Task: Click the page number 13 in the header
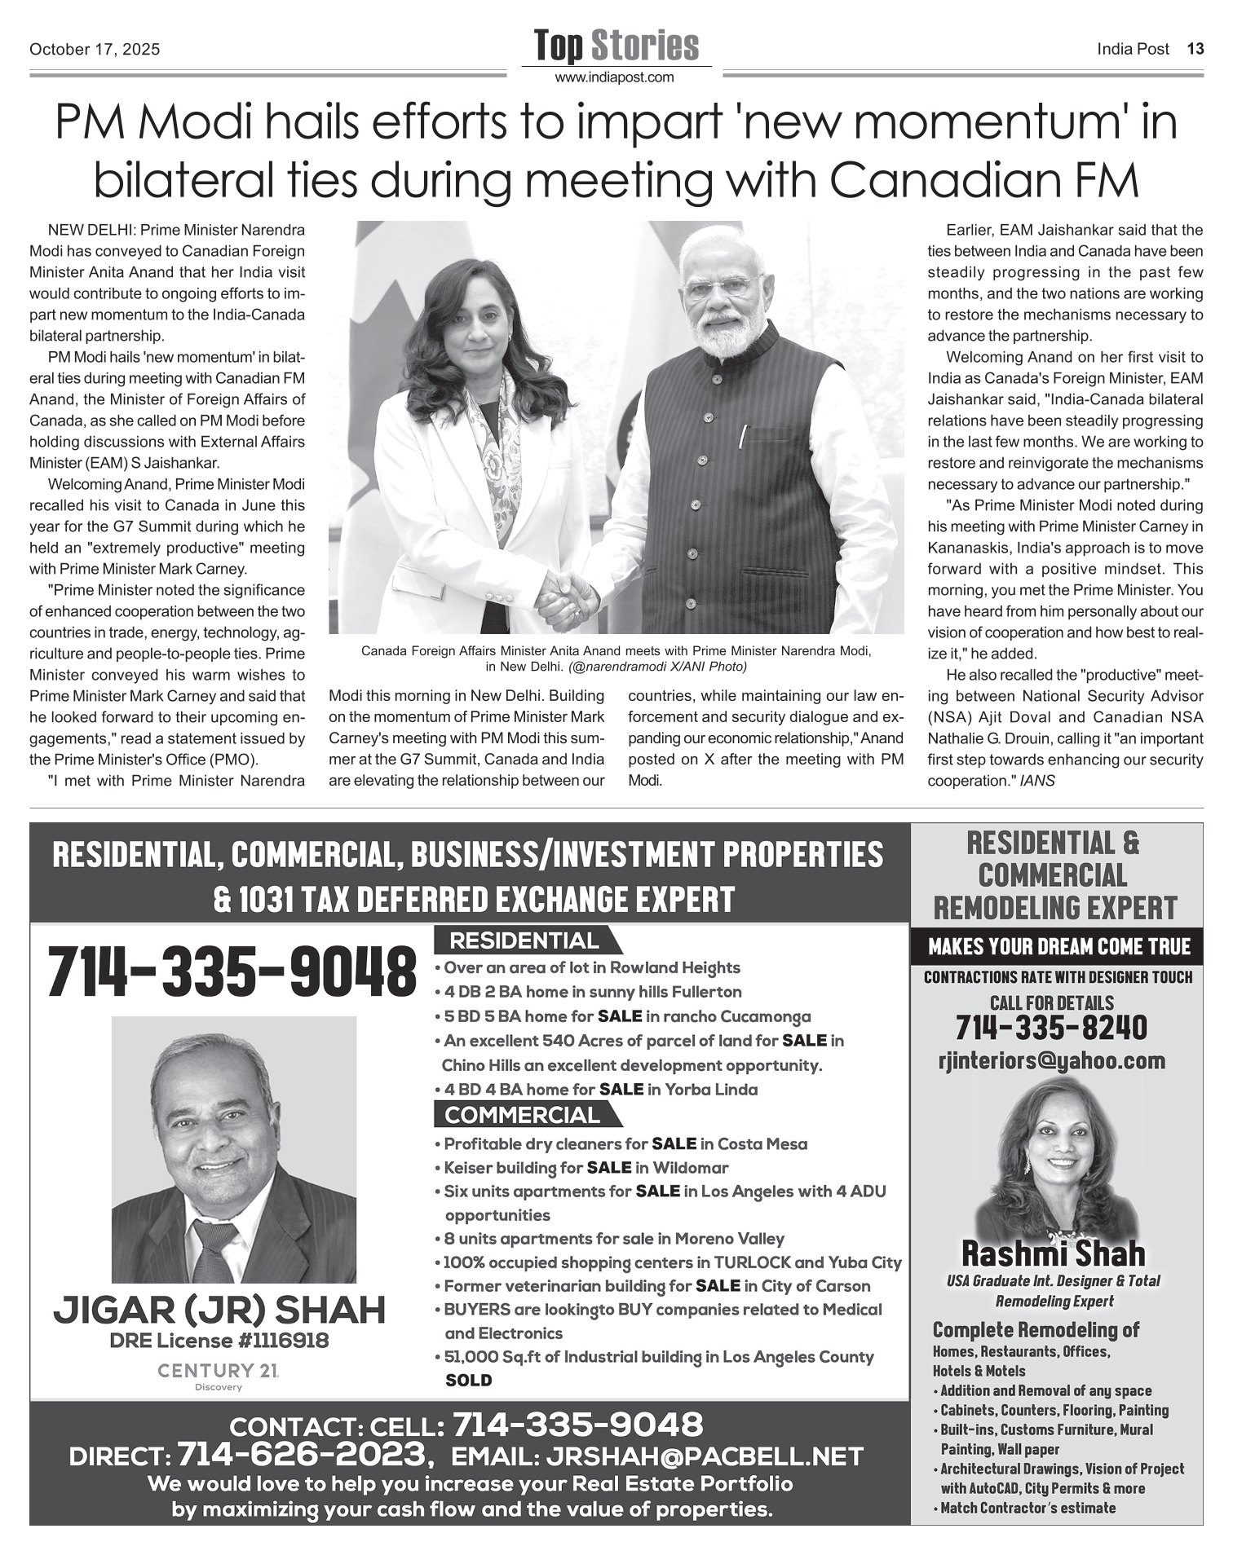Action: tap(1195, 49)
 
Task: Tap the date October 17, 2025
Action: tap(95, 50)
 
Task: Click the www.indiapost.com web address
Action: tap(616, 77)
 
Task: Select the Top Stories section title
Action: tap(616, 46)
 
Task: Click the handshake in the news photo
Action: tap(570, 592)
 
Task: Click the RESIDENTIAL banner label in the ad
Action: tap(524, 940)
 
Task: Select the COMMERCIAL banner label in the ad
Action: tap(523, 1114)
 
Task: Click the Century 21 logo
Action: tap(219, 1371)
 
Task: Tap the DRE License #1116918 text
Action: tap(219, 1341)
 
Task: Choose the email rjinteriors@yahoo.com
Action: tap(1052, 1060)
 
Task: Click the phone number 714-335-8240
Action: tap(1051, 1028)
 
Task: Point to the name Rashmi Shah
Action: tap(1053, 1253)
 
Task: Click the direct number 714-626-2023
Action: tap(303, 1453)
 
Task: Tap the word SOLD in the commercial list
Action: tap(469, 1380)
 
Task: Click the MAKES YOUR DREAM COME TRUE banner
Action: tap(1058, 946)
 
